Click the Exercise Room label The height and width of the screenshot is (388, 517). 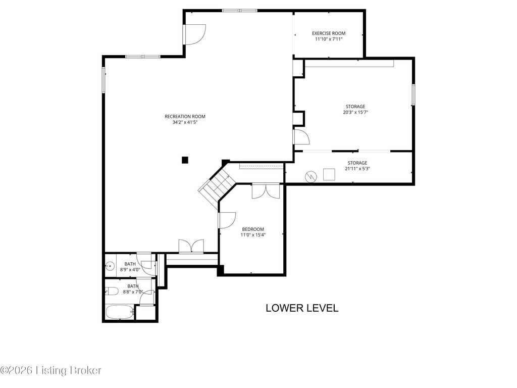tap(329, 33)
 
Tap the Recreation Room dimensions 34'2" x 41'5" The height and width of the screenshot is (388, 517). tap(185, 122)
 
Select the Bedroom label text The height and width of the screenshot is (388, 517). tap(253, 229)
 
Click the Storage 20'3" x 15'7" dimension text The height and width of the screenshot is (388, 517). tap(355, 112)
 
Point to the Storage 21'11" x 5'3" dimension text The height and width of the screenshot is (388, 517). tap(357, 169)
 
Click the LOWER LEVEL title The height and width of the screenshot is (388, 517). tap(302, 308)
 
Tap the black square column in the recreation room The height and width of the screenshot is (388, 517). tap(185, 160)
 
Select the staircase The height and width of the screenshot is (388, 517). tap(216, 185)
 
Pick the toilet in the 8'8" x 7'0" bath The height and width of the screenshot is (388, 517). tap(112, 291)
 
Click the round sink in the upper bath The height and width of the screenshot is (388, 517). tap(110, 265)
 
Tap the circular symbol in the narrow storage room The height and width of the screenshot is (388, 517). tap(311, 176)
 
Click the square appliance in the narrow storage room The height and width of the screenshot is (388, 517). tap(329, 174)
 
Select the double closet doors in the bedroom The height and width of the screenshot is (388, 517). tap(266, 191)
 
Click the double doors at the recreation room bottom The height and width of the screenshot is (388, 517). tap(191, 246)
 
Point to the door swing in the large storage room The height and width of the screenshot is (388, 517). tap(301, 137)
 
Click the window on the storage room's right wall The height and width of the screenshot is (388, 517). tap(413, 94)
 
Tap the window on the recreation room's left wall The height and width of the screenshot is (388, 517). tap(103, 80)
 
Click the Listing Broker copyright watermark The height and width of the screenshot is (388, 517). tap(51, 370)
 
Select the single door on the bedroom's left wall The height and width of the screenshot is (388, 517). tap(227, 220)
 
